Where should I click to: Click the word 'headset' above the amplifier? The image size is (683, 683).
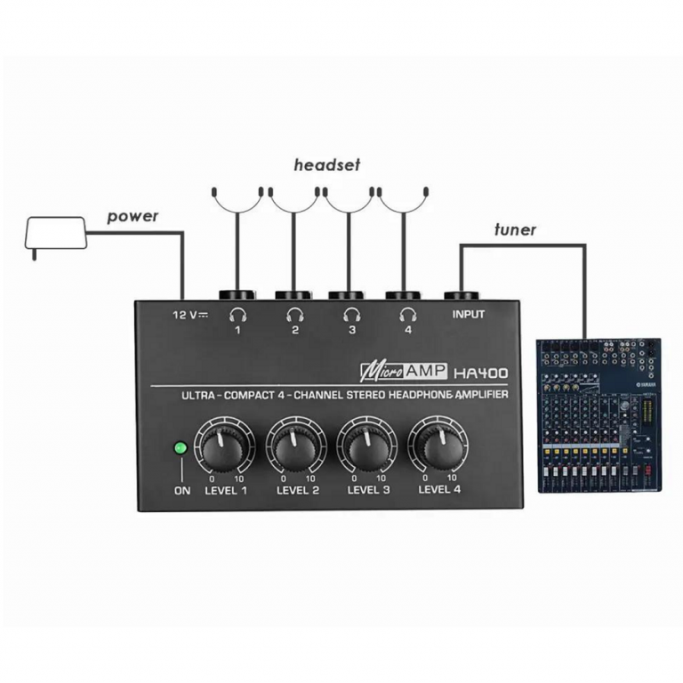coord(327,165)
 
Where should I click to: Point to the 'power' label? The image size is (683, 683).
coord(133,216)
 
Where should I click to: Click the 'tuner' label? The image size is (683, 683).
coord(516,230)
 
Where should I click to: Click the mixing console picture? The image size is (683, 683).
coord(600,415)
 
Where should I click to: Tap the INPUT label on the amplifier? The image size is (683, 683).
coord(469,314)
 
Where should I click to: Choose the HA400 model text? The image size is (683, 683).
coord(480,373)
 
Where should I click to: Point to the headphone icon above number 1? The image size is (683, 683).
coord(237,313)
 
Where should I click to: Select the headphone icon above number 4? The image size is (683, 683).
coord(408,313)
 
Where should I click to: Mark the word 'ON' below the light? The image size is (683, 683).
coord(181,490)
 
